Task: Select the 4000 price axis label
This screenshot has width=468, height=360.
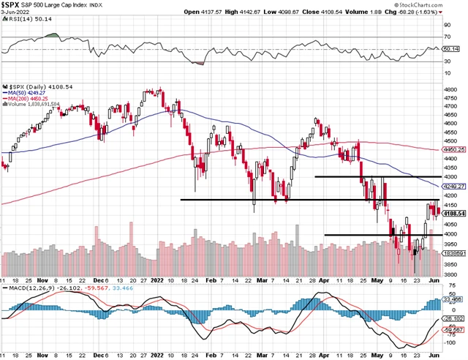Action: [450, 234]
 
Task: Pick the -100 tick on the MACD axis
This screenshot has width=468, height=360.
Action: [449, 342]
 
